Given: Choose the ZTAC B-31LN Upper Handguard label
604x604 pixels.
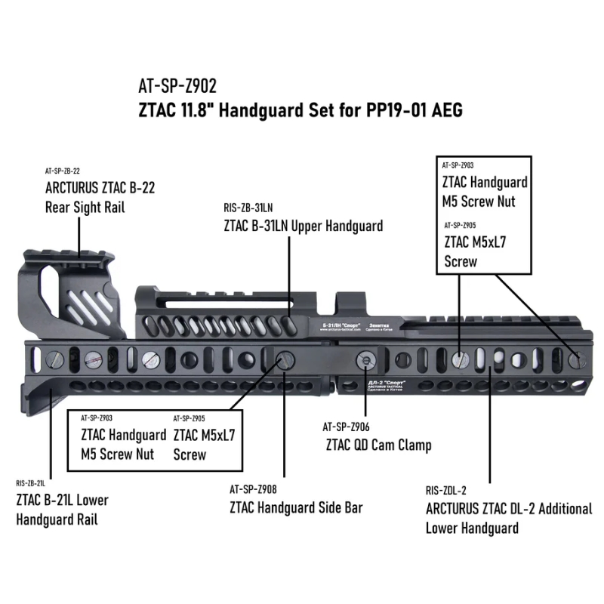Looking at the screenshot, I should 303,225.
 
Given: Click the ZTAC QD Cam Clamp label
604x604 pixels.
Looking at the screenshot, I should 378,445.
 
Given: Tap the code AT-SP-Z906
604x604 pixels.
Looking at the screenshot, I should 343,427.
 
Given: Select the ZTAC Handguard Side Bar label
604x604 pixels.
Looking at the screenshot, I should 296,507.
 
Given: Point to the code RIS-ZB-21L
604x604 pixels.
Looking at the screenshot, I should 31,483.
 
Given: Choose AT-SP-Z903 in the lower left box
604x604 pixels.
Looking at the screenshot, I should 96,418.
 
